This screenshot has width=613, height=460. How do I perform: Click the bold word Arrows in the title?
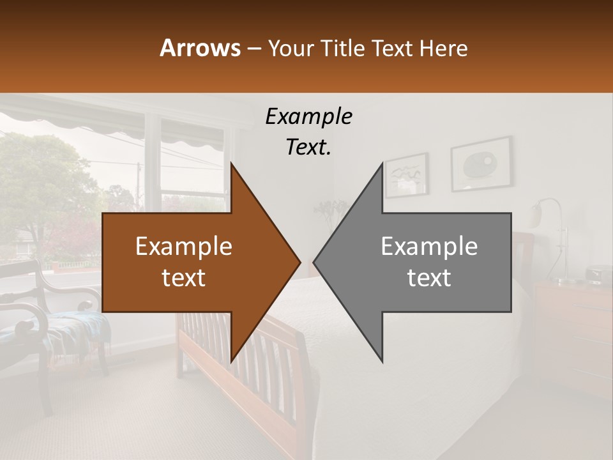click(x=200, y=48)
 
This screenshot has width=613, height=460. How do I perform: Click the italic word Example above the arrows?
click(x=308, y=116)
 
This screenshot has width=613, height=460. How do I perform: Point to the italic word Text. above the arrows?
click(x=308, y=147)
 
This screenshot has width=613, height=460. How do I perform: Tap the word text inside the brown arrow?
click(x=184, y=277)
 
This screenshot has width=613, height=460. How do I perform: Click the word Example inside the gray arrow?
click(x=429, y=247)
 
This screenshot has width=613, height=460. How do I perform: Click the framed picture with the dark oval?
click(x=481, y=165)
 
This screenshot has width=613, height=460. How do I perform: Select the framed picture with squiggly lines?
click(x=407, y=174)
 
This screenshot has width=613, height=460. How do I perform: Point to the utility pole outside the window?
click(x=138, y=185)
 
